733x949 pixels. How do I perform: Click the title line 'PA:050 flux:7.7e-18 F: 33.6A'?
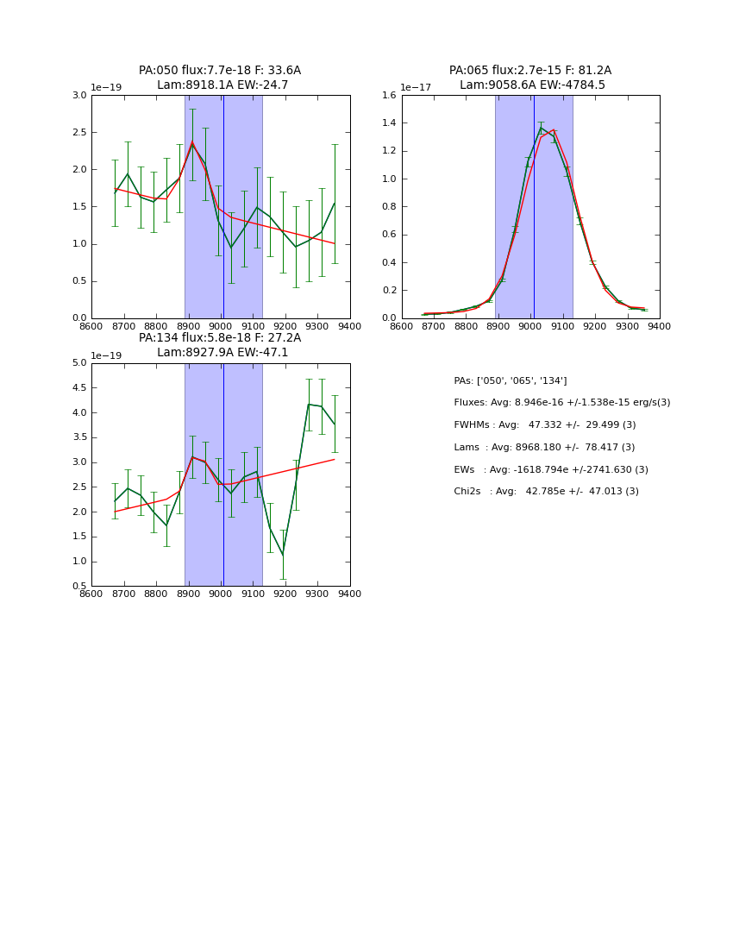tap(220, 71)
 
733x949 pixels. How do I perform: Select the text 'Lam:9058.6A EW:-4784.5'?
tap(531, 85)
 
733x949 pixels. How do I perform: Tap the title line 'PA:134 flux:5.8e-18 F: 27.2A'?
tap(220, 338)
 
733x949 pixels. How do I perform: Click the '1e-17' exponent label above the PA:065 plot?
tap(416, 88)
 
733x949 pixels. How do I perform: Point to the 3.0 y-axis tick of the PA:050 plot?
tap(78, 96)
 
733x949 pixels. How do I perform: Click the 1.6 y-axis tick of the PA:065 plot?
tap(388, 96)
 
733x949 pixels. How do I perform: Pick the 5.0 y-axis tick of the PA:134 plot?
tap(78, 363)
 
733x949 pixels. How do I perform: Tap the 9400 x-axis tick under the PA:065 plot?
tap(659, 326)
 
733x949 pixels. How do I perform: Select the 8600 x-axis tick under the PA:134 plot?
tap(91, 594)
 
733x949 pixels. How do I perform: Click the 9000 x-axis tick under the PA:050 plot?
tap(221, 326)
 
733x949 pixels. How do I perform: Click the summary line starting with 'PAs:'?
tap(510, 380)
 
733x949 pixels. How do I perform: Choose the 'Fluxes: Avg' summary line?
tap(561, 403)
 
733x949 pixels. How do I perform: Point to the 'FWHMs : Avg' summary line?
tap(544, 425)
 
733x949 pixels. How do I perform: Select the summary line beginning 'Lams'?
tap(544, 448)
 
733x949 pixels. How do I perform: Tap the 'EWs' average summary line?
tap(551, 469)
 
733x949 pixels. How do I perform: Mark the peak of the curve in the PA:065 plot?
tap(542, 129)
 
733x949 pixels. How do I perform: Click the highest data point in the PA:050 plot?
tap(192, 142)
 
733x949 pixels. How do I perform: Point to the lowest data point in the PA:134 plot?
tap(283, 555)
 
